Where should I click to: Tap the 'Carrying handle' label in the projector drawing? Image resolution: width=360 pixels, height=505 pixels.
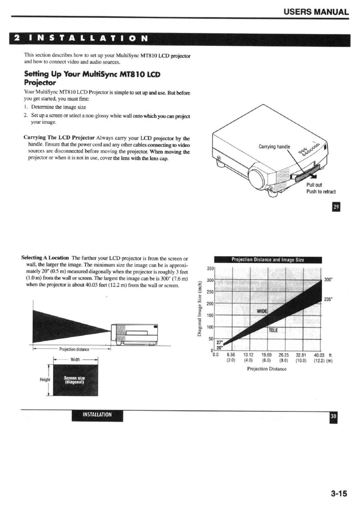(274, 147)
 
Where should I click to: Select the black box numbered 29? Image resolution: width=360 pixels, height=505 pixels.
(337, 208)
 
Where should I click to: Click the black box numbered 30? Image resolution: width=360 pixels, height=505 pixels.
(333, 417)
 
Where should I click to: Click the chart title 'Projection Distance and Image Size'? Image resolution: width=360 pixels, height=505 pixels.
(267, 260)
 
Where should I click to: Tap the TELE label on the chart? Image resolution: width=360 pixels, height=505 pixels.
(273, 330)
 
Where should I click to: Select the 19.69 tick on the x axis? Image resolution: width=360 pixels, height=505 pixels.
(266, 354)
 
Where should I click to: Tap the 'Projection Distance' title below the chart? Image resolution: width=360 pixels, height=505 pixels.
(267, 369)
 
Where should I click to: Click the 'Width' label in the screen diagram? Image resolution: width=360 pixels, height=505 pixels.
(75, 359)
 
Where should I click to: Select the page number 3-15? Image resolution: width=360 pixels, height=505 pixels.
(339, 493)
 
